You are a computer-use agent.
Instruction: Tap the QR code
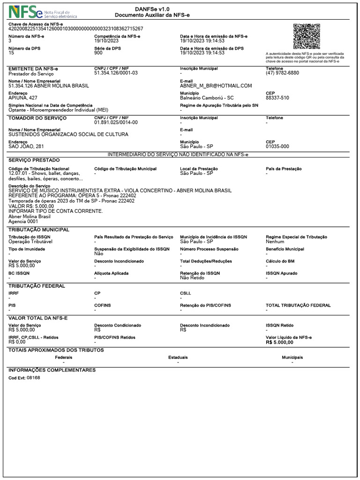(307, 36)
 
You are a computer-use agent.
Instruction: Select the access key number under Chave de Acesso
(76, 29)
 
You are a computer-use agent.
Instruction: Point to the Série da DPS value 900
(98, 53)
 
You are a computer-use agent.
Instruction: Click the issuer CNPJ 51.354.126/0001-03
(116, 73)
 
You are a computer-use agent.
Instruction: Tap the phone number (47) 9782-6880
(282, 73)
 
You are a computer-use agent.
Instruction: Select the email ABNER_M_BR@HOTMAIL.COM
(216, 86)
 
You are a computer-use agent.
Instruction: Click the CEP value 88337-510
(277, 98)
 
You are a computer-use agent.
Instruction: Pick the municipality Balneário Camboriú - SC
(207, 98)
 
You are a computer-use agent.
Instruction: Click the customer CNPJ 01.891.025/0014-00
(116, 122)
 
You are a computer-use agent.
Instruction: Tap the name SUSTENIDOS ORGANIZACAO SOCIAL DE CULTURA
(68, 135)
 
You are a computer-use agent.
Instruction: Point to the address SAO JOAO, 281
(26, 147)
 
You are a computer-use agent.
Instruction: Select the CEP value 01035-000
(277, 147)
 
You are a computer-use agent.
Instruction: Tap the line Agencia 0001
(23, 222)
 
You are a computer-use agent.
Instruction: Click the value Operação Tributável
(30, 241)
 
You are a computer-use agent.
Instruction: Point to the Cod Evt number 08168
(33, 377)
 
